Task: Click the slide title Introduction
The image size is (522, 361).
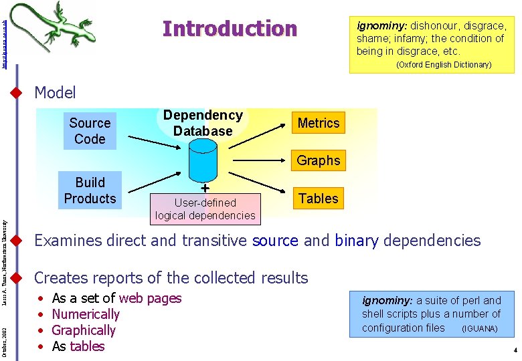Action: [x=230, y=29]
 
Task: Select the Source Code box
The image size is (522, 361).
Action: [x=90, y=131]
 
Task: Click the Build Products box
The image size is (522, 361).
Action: [x=90, y=191]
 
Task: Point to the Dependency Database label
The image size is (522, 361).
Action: [x=203, y=123]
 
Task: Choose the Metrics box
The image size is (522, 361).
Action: [x=319, y=123]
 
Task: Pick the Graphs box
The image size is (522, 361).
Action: [x=319, y=160]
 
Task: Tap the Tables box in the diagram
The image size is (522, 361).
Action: [x=319, y=198]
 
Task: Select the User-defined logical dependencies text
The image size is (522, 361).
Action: [x=205, y=209]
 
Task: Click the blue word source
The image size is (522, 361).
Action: [x=275, y=241]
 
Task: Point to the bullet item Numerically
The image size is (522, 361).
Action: [x=86, y=314]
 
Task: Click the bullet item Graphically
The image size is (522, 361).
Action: [x=84, y=330]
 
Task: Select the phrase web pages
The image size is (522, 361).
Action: [x=150, y=298]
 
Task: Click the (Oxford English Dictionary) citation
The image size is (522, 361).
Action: [x=444, y=65]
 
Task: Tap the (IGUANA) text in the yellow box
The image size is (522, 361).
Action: [x=479, y=329]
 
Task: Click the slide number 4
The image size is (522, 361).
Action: [x=515, y=350]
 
